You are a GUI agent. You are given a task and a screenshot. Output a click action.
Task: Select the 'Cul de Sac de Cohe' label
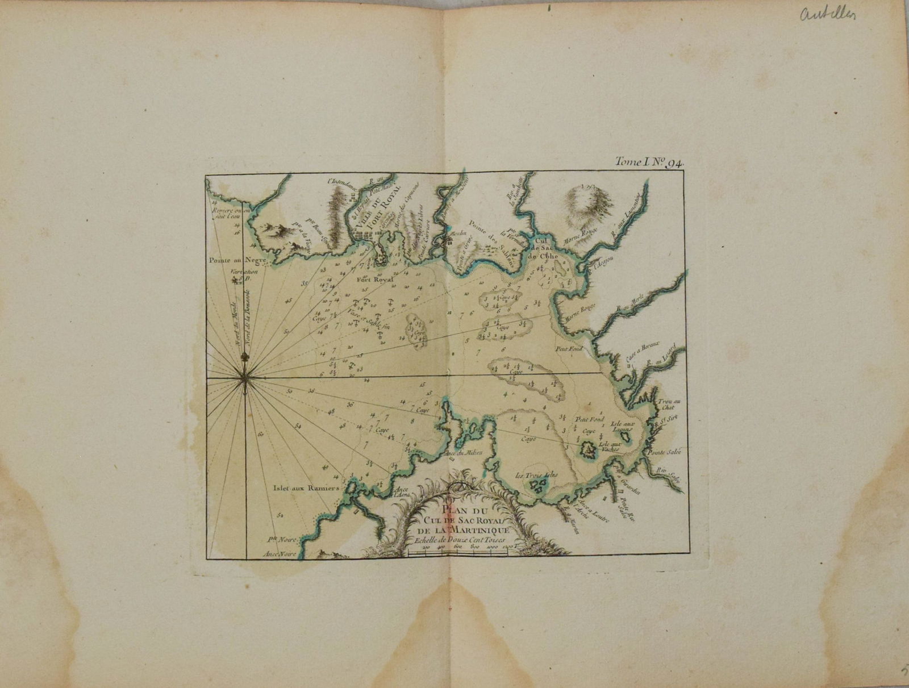coord(545,248)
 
